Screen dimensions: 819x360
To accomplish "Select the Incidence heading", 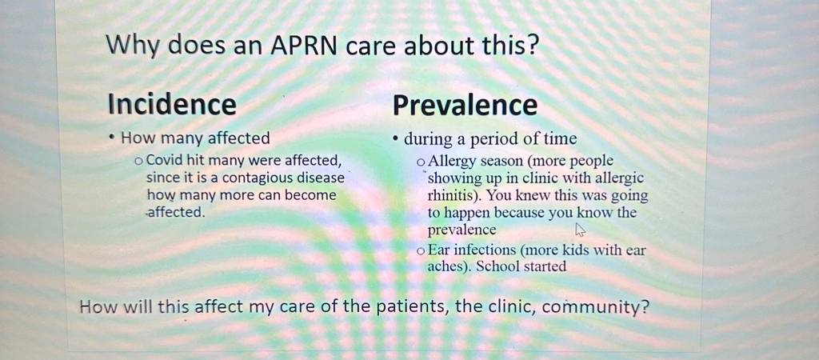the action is click(172, 104).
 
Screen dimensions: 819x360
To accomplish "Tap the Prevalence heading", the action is click(465, 105).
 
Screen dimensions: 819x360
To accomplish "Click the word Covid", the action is click(163, 161).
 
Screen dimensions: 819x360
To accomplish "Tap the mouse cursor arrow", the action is click(580, 230).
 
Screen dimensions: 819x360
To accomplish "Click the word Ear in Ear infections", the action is click(437, 250).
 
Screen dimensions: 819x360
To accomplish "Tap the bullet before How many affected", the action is click(112, 138).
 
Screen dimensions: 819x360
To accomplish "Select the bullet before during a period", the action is click(396, 139).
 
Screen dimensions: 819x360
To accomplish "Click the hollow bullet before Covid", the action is click(138, 162).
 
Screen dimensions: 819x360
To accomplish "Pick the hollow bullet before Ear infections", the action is click(421, 251).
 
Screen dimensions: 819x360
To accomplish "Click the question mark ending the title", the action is click(532, 46).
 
